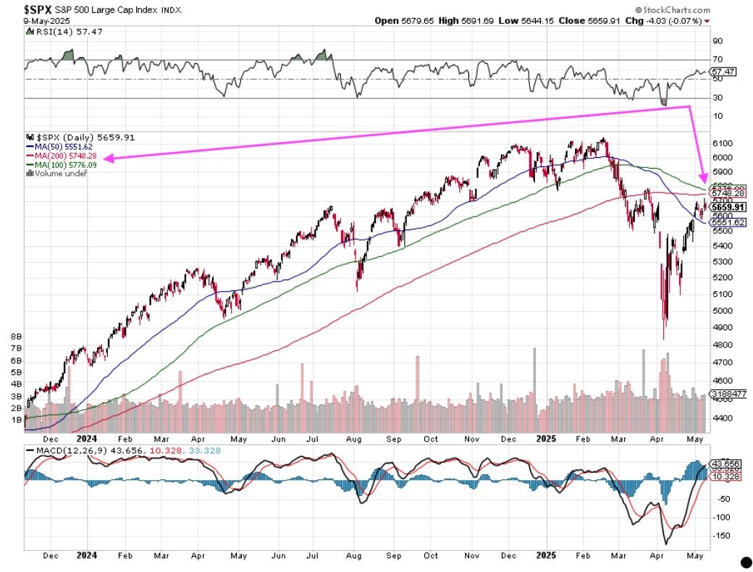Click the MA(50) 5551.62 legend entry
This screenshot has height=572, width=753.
[x=65, y=146]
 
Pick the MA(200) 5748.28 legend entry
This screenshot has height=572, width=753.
[x=68, y=156]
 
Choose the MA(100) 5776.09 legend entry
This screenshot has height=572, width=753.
[x=68, y=165]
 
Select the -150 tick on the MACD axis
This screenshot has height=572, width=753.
[x=721, y=536]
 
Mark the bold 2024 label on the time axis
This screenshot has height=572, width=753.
[x=86, y=439]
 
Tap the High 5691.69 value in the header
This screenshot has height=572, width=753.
[x=480, y=21]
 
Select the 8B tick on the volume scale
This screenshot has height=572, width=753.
[x=17, y=337]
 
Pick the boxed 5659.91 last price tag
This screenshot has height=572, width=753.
[x=725, y=206]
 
